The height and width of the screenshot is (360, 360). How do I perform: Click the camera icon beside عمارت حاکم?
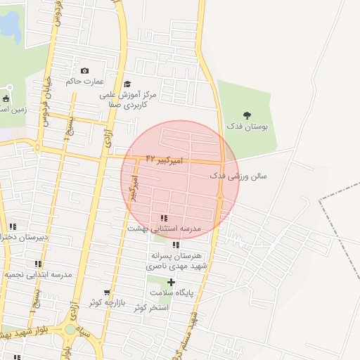(85, 71)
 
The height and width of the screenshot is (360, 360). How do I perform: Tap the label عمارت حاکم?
(84, 82)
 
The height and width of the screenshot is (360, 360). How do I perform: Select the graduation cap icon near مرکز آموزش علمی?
(127, 84)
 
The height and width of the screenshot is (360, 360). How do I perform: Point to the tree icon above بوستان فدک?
(247, 115)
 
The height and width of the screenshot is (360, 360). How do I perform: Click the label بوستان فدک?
(247, 126)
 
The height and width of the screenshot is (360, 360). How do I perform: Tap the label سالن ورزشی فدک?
(238, 176)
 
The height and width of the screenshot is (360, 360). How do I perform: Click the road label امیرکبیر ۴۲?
(163, 160)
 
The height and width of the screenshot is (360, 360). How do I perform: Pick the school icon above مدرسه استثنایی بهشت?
(164, 219)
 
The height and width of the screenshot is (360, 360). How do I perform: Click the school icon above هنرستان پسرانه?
(176, 245)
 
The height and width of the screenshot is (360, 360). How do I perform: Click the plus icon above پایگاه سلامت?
(171, 282)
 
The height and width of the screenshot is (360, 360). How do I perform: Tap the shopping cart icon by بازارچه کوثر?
(107, 292)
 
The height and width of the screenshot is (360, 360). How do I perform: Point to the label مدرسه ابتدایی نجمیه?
(38, 275)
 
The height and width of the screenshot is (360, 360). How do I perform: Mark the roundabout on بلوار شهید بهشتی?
(70, 329)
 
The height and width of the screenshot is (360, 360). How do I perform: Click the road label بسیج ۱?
(67, 129)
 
